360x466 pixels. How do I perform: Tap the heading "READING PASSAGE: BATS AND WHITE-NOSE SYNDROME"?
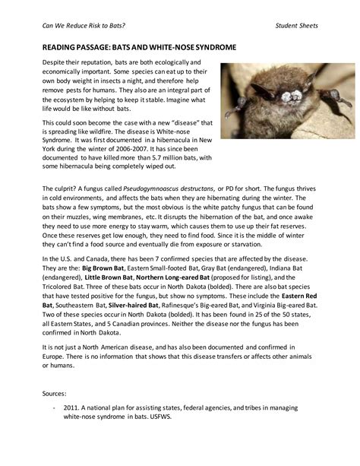(139, 47)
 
